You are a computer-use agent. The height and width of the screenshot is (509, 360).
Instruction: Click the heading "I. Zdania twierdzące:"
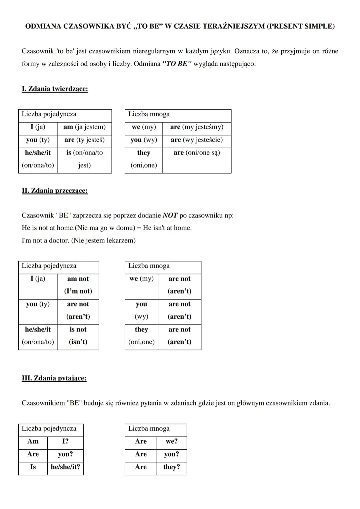pyautogui.click(x=55, y=89)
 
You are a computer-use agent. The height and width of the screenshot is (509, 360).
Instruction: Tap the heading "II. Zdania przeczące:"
pyautogui.click(x=54, y=191)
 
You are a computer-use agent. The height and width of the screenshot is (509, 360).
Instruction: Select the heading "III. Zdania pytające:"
pyautogui.click(x=54, y=378)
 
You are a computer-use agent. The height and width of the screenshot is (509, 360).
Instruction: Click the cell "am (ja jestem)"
pyautogui.click(x=84, y=127)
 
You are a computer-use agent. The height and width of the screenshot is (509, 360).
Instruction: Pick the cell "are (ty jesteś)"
pyautogui.click(x=84, y=140)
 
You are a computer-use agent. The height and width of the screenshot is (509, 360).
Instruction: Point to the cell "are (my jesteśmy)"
pyautogui.click(x=197, y=127)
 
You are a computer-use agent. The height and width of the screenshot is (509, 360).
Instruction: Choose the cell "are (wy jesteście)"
pyautogui.click(x=197, y=140)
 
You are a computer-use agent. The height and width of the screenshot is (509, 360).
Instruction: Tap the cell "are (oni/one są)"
pyautogui.click(x=197, y=153)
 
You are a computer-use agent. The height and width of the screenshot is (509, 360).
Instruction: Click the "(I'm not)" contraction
pyautogui.click(x=78, y=291)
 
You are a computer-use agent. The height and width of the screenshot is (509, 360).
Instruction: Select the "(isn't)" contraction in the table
pyautogui.click(x=78, y=342)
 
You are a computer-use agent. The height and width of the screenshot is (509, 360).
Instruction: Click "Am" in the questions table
pyautogui.click(x=33, y=441)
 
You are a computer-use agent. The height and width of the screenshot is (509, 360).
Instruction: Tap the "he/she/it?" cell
pyautogui.click(x=65, y=467)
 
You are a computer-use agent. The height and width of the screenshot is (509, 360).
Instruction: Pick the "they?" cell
pyautogui.click(x=171, y=467)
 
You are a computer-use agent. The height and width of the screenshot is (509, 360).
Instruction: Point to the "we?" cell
pyautogui.click(x=171, y=441)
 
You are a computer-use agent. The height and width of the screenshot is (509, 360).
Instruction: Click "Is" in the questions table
pyautogui.click(x=33, y=467)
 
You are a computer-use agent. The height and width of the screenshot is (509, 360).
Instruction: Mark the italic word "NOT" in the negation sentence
pyautogui.click(x=170, y=216)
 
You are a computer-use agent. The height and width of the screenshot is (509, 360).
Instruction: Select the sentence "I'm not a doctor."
pyautogui.click(x=45, y=241)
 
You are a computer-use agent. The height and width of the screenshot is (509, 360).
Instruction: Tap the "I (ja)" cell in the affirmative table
pyautogui.click(x=38, y=127)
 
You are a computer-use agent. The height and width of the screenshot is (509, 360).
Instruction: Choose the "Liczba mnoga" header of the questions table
pyautogui.click(x=149, y=429)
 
